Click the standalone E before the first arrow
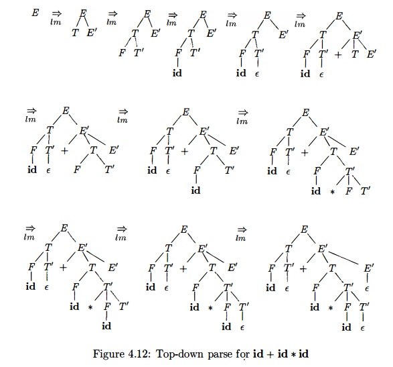click(x=35, y=12)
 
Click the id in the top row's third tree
click(x=179, y=72)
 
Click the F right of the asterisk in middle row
click(x=349, y=192)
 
